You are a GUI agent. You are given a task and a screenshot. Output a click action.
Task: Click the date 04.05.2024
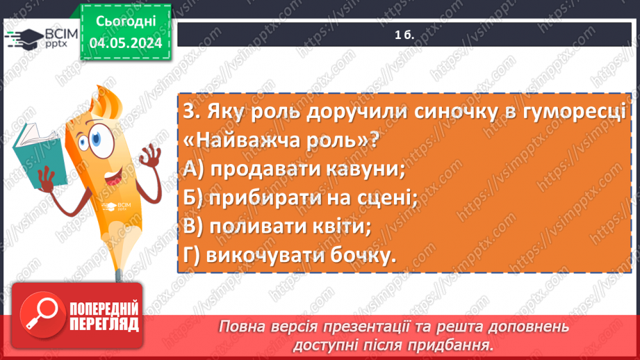[126, 42]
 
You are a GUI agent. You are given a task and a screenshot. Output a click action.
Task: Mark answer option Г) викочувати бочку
[290, 255]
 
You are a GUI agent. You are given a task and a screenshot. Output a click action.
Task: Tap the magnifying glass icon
[43, 315]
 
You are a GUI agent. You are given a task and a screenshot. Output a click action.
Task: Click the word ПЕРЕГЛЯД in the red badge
[104, 324]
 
